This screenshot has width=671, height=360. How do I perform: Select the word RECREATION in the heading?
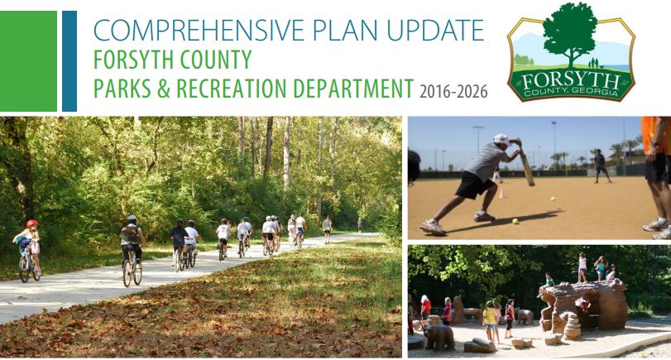(x=231, y=89)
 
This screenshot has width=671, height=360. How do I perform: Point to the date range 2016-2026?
(x=453, y=92)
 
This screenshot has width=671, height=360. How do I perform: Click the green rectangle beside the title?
(x=28, y=61)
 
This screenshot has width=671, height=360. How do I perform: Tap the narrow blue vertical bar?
(x=69, y=61)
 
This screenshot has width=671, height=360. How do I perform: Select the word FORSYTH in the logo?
(x=571, y=81)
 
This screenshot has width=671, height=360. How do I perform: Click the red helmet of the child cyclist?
(x=32, y=223)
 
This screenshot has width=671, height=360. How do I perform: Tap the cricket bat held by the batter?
(x=525, y=164)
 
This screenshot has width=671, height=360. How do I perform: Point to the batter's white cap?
(x=501, y=139)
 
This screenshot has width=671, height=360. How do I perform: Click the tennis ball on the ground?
(x=515, y=221)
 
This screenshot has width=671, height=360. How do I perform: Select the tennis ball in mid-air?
(x=553, y=199)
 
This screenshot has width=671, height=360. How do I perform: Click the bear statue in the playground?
(x=439, y=337)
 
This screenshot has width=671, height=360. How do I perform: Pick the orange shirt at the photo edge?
(x=656, y=135)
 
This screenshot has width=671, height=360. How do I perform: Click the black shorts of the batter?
(x=474, y=185)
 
